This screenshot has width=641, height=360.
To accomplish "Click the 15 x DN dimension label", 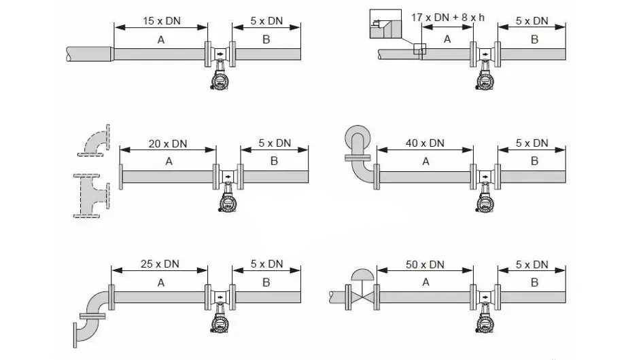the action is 162,21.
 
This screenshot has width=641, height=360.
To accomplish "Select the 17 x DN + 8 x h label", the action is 448,18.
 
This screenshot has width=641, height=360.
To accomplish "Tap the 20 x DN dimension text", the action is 168,144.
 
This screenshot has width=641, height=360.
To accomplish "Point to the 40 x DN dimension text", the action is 425,143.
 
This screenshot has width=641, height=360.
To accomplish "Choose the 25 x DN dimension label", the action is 160,264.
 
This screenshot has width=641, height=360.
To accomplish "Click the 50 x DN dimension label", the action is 425,265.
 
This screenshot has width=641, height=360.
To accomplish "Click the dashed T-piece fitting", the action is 92,196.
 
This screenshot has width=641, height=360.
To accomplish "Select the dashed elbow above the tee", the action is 94,140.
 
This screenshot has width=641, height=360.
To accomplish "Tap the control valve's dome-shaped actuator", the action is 362,274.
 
